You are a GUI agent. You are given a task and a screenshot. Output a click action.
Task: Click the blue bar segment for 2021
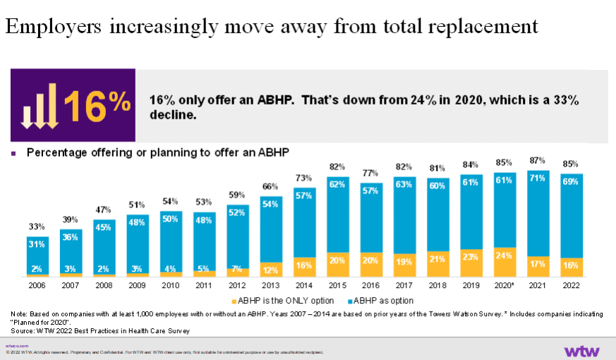tap(538, 213)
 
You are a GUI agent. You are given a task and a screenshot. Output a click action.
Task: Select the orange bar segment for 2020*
tap(505, 261)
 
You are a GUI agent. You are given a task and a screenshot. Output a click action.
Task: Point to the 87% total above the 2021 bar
tap(538, 162)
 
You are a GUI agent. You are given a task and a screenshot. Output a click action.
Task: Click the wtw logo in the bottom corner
tap(581, 350)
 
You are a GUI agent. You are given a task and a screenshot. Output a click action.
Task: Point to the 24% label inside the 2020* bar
tap(505, 256)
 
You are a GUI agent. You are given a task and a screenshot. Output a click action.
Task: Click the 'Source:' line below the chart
tap(99, 330)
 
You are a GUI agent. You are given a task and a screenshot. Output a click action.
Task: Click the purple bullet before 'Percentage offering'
tap(13, 152)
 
